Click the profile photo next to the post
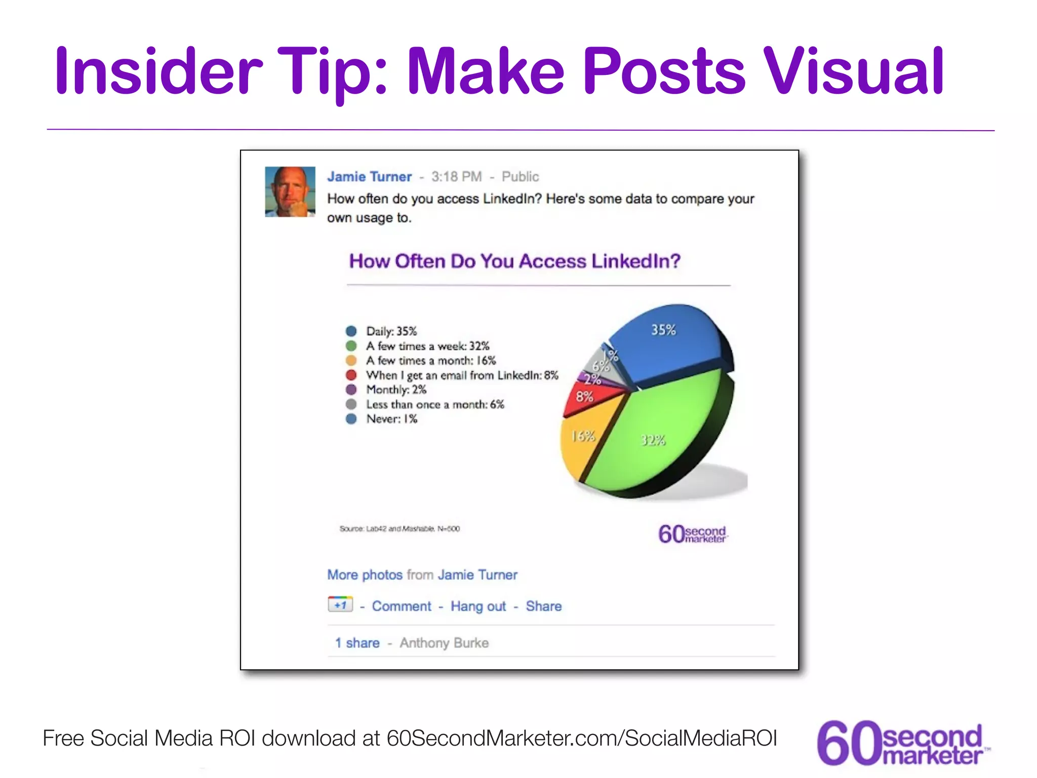pyautogui.click(x=290, y=192)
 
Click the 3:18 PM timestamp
pyautogui.click(x=456, y=177)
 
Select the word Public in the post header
pyautogui.click(x=520, y=177)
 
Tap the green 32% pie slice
pyautogui.click(x=658, y=436)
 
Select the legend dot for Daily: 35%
pyautogui.click(x=351, y=331)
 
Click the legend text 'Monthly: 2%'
pyautogui.click(x=396, y=390)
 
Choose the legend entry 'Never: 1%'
pyautogui.click(x=391, y=419)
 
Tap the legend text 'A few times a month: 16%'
pyautogui.click(x=431, y=361)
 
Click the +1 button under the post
pyautogui.click(x=340, y=604)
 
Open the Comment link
pyautogui.click(x=402, y=606)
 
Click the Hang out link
pyautogui.click(x=478, y=606)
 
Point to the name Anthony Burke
pyautogui.click(x=444, y=643)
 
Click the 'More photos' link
pyautogui.click(x=365, y=575)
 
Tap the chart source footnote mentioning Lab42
pyautogui.click(x=400, y=529)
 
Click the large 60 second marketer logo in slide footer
pyautogui.click(x=901, y=743)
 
